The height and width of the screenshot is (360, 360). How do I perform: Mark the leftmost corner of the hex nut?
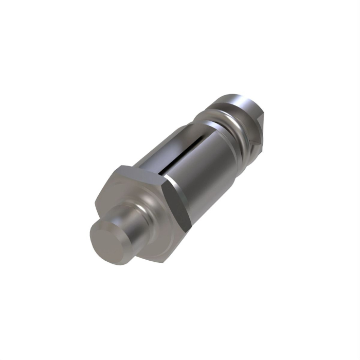tap(95, 202)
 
